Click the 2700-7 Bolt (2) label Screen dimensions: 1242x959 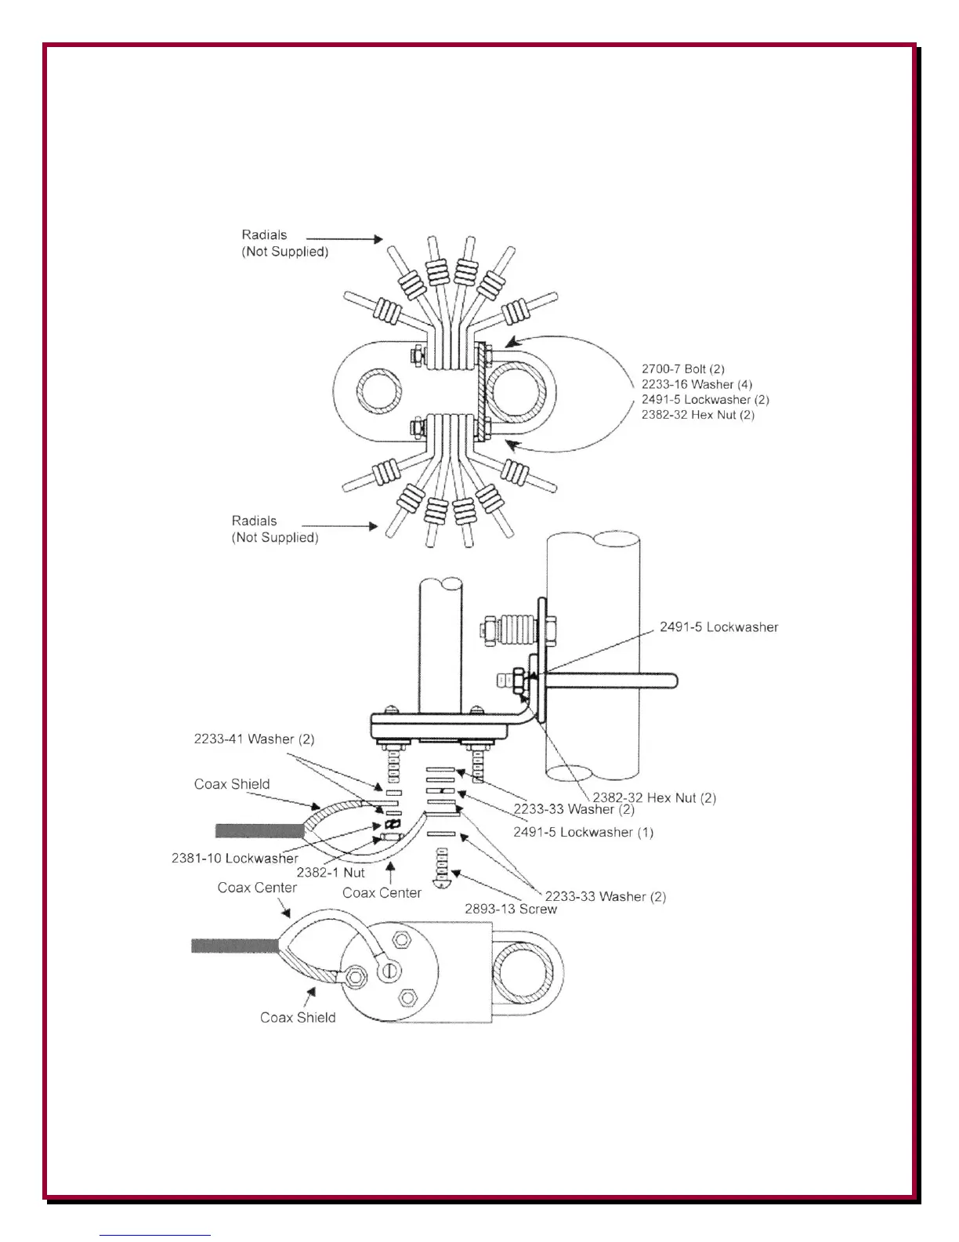point(682,369)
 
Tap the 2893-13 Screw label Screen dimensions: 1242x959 point(510,910)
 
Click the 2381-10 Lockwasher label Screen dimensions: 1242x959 point(234,859)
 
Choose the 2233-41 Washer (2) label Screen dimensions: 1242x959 point(254,739)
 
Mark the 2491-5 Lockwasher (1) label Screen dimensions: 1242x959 point(583,832)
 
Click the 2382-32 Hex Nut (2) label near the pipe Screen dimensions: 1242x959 point(653,798)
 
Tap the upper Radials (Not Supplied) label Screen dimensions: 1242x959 point(284,243)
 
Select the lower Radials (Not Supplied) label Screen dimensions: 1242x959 point(274,529)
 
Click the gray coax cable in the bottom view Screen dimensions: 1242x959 point(234,946)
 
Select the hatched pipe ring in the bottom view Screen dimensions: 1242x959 point(523,975)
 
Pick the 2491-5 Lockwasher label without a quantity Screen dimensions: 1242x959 point(718,627)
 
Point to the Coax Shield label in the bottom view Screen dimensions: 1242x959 point(298,1018)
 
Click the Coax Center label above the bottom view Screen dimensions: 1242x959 point(257,888)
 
